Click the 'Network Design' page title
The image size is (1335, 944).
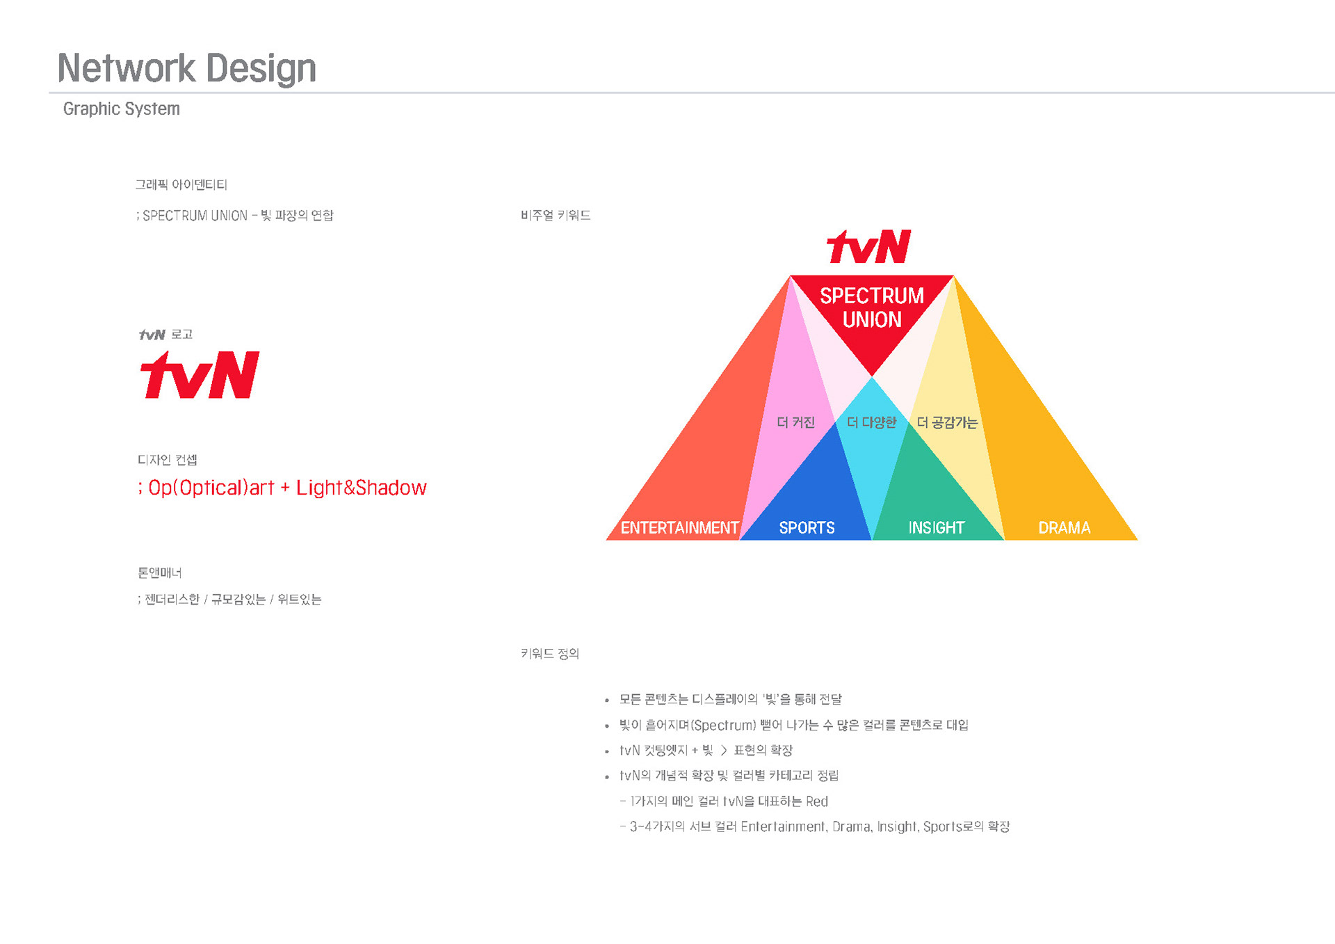(x=186, y=68)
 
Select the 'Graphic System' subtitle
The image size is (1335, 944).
(x=121, y=109)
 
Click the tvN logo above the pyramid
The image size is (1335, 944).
(x=869, y=247)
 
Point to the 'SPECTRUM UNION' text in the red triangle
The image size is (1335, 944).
(x=872, y=307)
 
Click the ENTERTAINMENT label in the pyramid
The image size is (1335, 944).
(x=679, y=528)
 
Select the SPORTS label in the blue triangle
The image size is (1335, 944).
(x=807, y=528)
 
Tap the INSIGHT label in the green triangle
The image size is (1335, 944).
(x=936, y=528)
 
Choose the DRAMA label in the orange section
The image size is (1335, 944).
(x=1064, y=528)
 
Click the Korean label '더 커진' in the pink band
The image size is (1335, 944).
(x=795, y=422)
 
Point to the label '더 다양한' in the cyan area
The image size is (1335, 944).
(x=871, y=422)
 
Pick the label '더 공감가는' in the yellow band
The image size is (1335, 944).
(x=947, y=422)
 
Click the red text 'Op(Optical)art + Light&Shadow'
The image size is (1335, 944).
(x=287, y=488)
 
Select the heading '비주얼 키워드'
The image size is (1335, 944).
(x=556, y=216)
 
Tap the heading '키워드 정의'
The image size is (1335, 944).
(x=549, y=653)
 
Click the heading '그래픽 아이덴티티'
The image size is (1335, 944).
(x=181, y=184)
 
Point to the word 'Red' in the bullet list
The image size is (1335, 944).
(x=817, y=801)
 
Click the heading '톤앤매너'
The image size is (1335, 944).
(x=159, y=573)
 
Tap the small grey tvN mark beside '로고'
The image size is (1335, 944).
(x=152, y=335)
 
